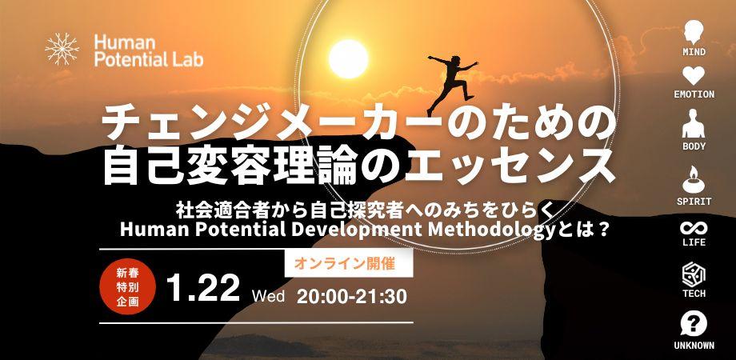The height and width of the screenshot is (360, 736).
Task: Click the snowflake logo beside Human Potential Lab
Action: pyautogui.click(x=62, y=49)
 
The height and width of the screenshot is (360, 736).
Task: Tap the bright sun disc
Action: pyautogui.click(x=348, y=58)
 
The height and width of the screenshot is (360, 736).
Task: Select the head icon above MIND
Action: pyautogui.click(x=694, y=32)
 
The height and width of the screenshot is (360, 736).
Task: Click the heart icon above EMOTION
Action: pyautogui.click(x=694, y=76)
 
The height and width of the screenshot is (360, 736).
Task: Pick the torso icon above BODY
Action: pyautogui.click(x=694, y=123)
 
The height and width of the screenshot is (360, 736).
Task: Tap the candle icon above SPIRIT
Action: pyautogui.click(x=694, y=179)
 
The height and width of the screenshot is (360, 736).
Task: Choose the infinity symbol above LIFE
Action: pyautogui.click(x=694, y=229)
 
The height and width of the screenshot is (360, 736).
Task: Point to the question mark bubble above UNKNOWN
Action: pyautogui.click(x=694, y=325)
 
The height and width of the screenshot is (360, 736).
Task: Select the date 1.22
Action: pyautogui.click(x=203, y=287)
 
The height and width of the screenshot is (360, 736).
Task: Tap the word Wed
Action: pyautogui.click(x=268, y=296)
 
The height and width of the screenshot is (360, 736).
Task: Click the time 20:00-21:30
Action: pyautogui.click(x=351, y=296)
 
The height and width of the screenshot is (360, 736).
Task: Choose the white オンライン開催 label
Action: pyautogui.click(x=349, y=263)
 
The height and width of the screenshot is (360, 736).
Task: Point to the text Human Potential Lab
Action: pyautogui.click(x=148, y=50)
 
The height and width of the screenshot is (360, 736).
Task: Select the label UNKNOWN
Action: pyautogui.click(x=694, y=346)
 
